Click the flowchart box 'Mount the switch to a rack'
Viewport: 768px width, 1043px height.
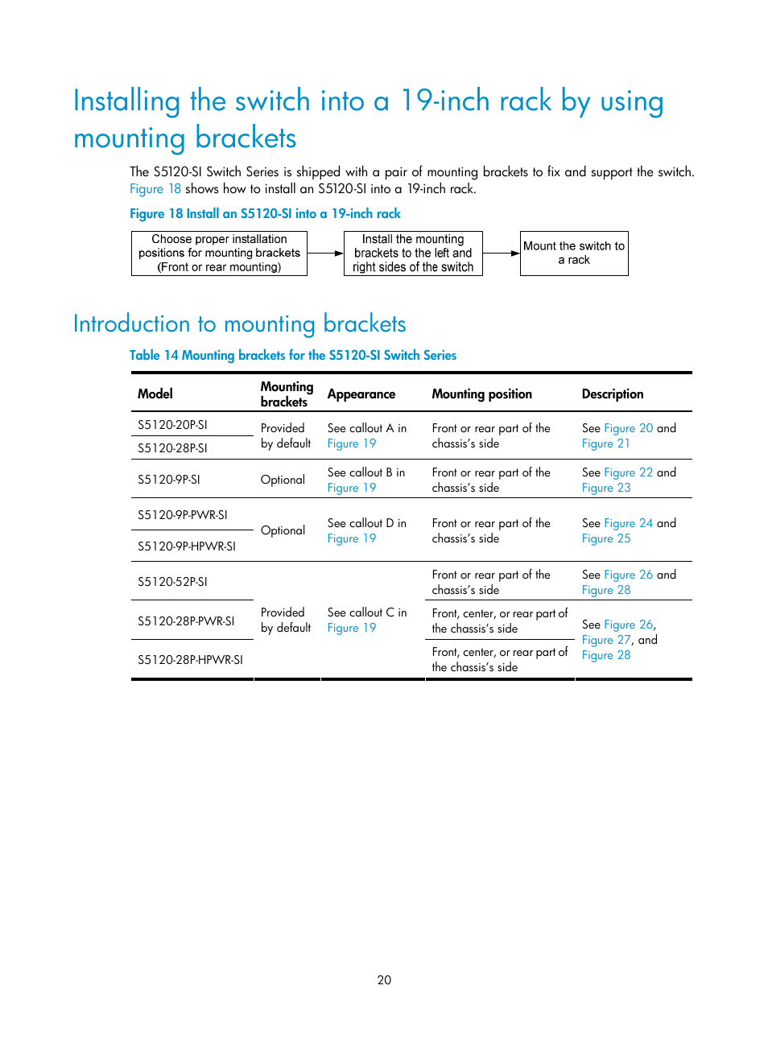click(574, 254)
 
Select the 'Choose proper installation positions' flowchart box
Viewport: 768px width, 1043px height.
click(219, 254)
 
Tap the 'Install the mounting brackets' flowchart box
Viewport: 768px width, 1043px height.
click(413, 254)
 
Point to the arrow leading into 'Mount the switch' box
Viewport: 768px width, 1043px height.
click(502, 254)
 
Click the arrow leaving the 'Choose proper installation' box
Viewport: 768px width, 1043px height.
click(325, 254)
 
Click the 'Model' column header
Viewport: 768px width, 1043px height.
click(155, 394)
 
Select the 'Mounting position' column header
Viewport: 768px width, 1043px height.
click(481, 394)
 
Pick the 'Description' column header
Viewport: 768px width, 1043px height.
click(613, 394)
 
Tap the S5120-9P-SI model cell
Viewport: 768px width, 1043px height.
click(169, 480)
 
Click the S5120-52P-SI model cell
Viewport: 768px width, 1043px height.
click(172, 582)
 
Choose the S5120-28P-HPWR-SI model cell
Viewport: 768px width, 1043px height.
click(190, 660)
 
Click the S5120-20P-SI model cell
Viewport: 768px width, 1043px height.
click(172, 425)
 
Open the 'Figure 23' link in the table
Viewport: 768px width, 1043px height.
click(606, 488)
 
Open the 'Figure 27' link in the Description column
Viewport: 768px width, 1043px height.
click(606, 640)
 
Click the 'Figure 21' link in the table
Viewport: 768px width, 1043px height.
click(606, 443)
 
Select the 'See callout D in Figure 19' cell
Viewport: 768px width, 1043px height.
click(366, 530)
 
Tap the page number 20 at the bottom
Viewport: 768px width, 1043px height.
click(384, 980)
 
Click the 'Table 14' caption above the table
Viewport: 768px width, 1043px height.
click(293, 356)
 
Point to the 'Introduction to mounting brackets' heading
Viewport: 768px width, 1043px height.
click(239, 324)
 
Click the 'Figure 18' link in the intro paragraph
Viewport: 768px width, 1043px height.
click(155, 189)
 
